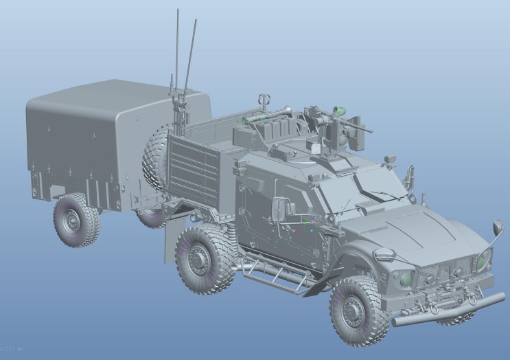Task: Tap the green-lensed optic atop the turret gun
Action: [x=337, y=110]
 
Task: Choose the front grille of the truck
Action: [x=446, y=271]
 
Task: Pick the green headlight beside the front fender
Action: [x=406, y=279]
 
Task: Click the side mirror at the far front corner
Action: [x=497, y=227]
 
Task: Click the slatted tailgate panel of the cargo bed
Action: [x=193, y=172]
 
